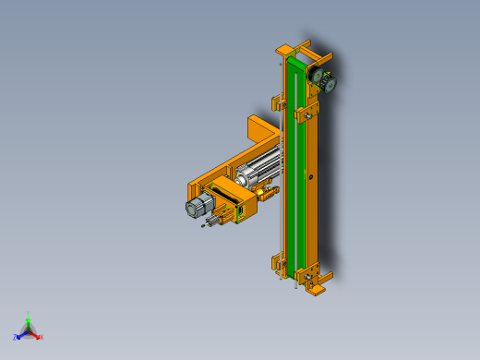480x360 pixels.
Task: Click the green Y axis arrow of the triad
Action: pyautogui.click(x=28, y=320)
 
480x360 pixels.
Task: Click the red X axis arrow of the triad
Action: pyautogui.click(x=35, y=335)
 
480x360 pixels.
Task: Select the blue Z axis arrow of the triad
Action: pyautogui.click(x=20, y=334)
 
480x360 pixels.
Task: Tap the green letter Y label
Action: pyautogui.click(x=28, y=314)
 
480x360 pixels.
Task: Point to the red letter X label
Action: pyautogui.click(x=41, y=337)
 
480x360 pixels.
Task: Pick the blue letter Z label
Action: pyautogui.click(x=15, y=337)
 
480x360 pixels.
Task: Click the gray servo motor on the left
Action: pyautogui.click(x=198, y=208)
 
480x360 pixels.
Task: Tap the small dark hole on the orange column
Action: pyautogui.click(x=312, y=176)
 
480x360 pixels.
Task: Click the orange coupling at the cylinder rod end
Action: pyautogui.click(x=268, y=192)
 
